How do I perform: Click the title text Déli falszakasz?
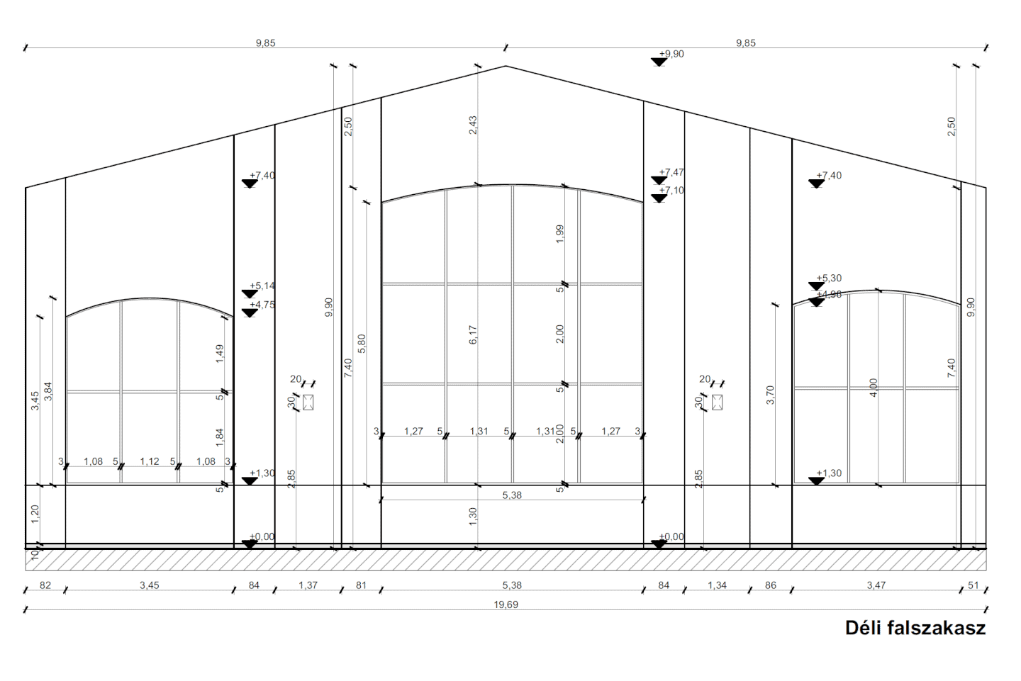pyautogui.click(x=915, y=628)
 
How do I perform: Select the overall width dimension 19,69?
pyautogui.click(x=506, y=605)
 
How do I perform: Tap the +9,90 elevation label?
pyautogui.click(x=671, y=54)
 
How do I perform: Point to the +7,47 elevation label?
pyautogui.click(x=671, y=172)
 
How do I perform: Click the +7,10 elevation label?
pyautogui.click(x=671, y=191)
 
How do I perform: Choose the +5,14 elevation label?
pyautogui.click(x=262, y=286)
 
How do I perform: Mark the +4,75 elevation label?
pyautogui.click(x=262, y=305)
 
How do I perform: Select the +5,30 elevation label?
pyautogui.click(x=829, y=278)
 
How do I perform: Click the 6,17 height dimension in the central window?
pyautogui.click(x=473, y=335)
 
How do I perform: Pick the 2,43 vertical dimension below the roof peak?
pyautogui.click(x=473, y=125)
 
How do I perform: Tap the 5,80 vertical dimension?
pyautogui.click(x=362, y=344)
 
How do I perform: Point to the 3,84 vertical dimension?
pyautogui.click(x=48, y=391)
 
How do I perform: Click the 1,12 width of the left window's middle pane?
pyautogui.click(x=149, y=461)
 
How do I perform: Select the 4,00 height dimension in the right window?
pyautogui.click(x=874, y=387)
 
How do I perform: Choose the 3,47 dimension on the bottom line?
pyautogui.click(x=876, y=585)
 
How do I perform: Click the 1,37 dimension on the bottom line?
pyautogui.click(x=308, y=585)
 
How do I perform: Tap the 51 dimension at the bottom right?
pyautogui.click(x=973, y=585)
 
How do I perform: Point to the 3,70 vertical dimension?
pyautogui.click(x=771, y=395)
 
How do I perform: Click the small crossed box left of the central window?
pyautogui.click(x=308, y=403)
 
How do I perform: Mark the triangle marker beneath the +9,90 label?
pyautogui.click(x=659, y=62)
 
